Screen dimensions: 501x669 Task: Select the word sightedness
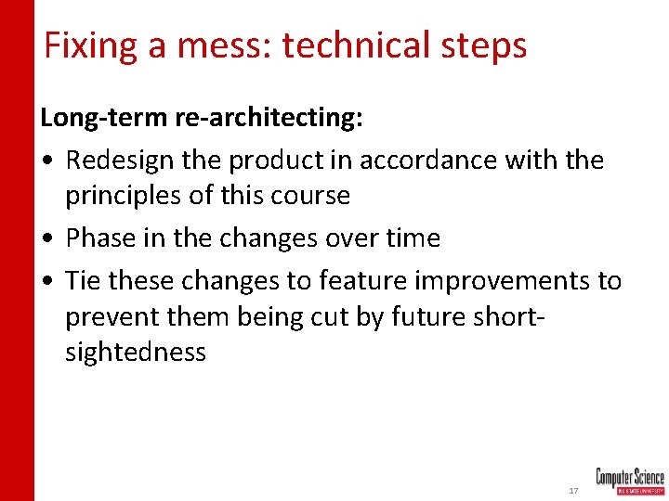pos(136,353)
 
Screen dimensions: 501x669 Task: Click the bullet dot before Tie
pos(46,280)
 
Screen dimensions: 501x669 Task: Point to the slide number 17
pos(572,489)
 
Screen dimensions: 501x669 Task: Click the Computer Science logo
pos(629,481)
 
